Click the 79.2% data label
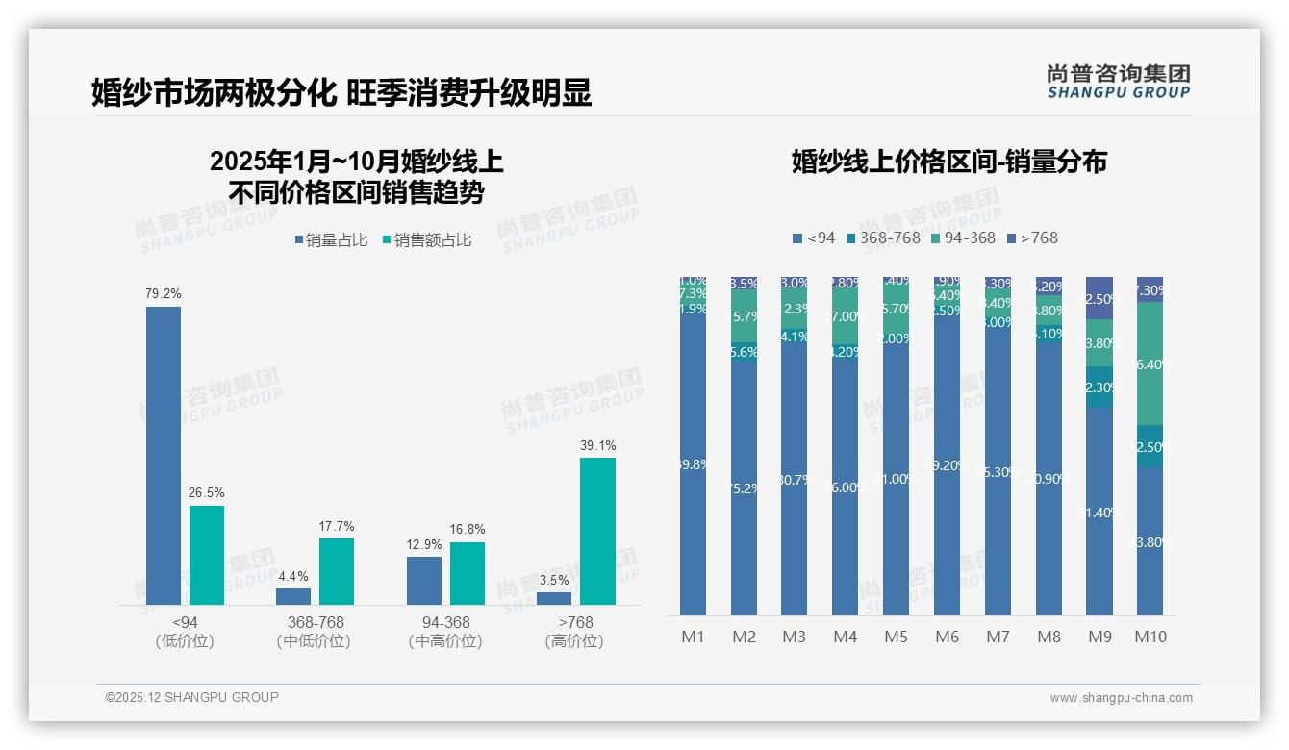[164, 293]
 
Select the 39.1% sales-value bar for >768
[597, 531]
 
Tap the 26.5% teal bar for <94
[207, 555]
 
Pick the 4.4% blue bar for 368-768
[293, 596]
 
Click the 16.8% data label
[468, 529]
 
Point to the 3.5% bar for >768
[554, 598]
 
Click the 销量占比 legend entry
[330, 240]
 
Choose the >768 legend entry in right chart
[1032, 237]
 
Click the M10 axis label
[1150, 637]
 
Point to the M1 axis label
[694, 637]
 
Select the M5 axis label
[896, 637]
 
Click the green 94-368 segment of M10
[1150, 363]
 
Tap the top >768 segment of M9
[1099, 297]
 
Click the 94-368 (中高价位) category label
[445, 631]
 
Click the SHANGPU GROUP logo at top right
[1119, 82]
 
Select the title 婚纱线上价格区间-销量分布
[948, 162]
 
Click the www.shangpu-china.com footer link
[1121, 698]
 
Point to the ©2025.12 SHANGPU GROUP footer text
[192, 697]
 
